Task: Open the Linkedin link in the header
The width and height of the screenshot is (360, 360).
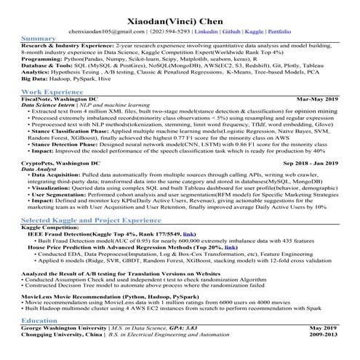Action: (x=208, y=32)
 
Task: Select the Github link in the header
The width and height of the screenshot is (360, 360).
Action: (x=232, y=32)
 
